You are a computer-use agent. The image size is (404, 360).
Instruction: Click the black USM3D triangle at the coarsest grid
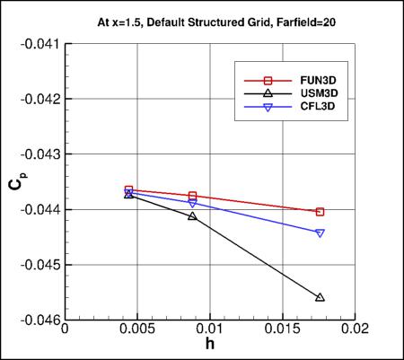point(321,297)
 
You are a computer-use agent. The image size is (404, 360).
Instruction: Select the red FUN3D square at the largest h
point(321,212)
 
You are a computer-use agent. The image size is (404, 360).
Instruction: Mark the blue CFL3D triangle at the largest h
point(321,233)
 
